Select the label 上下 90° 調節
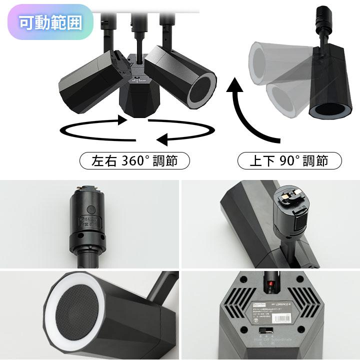coord(288,161)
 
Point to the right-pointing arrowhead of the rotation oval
coord(120,120)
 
